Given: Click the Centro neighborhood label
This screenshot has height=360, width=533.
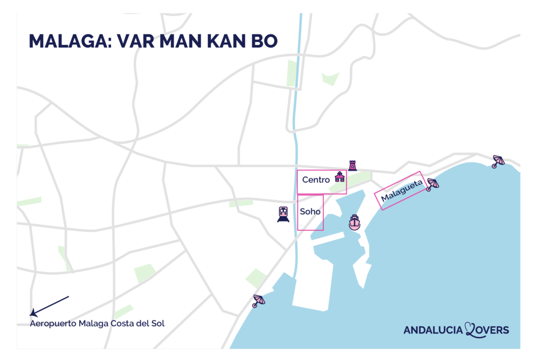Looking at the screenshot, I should (316, 180).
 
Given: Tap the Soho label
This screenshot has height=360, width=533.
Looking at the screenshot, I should (310, 212).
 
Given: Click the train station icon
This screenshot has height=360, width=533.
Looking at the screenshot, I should (283, 214).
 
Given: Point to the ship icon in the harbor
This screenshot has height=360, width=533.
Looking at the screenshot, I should (354, 222).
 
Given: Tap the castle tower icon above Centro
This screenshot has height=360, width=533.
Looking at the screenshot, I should (352, 166).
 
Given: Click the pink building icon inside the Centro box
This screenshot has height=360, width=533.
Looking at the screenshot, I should (339, 177).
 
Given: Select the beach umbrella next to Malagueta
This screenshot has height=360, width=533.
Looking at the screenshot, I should (432, 184).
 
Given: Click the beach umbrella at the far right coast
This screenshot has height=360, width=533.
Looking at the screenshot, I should (498, 161).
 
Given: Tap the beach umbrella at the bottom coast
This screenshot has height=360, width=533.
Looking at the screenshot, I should (258, 301).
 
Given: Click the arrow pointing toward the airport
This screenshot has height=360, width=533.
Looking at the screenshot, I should (49, 306).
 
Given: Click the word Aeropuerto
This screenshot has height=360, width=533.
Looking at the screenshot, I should (53, 324).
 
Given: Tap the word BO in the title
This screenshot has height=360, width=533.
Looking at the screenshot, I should (265, 41).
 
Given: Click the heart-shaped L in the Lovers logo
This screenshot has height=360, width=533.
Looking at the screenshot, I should (472, 329).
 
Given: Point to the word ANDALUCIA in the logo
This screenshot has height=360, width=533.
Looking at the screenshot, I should (433, 330).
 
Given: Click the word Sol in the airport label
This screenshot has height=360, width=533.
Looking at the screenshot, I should (157, 324).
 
